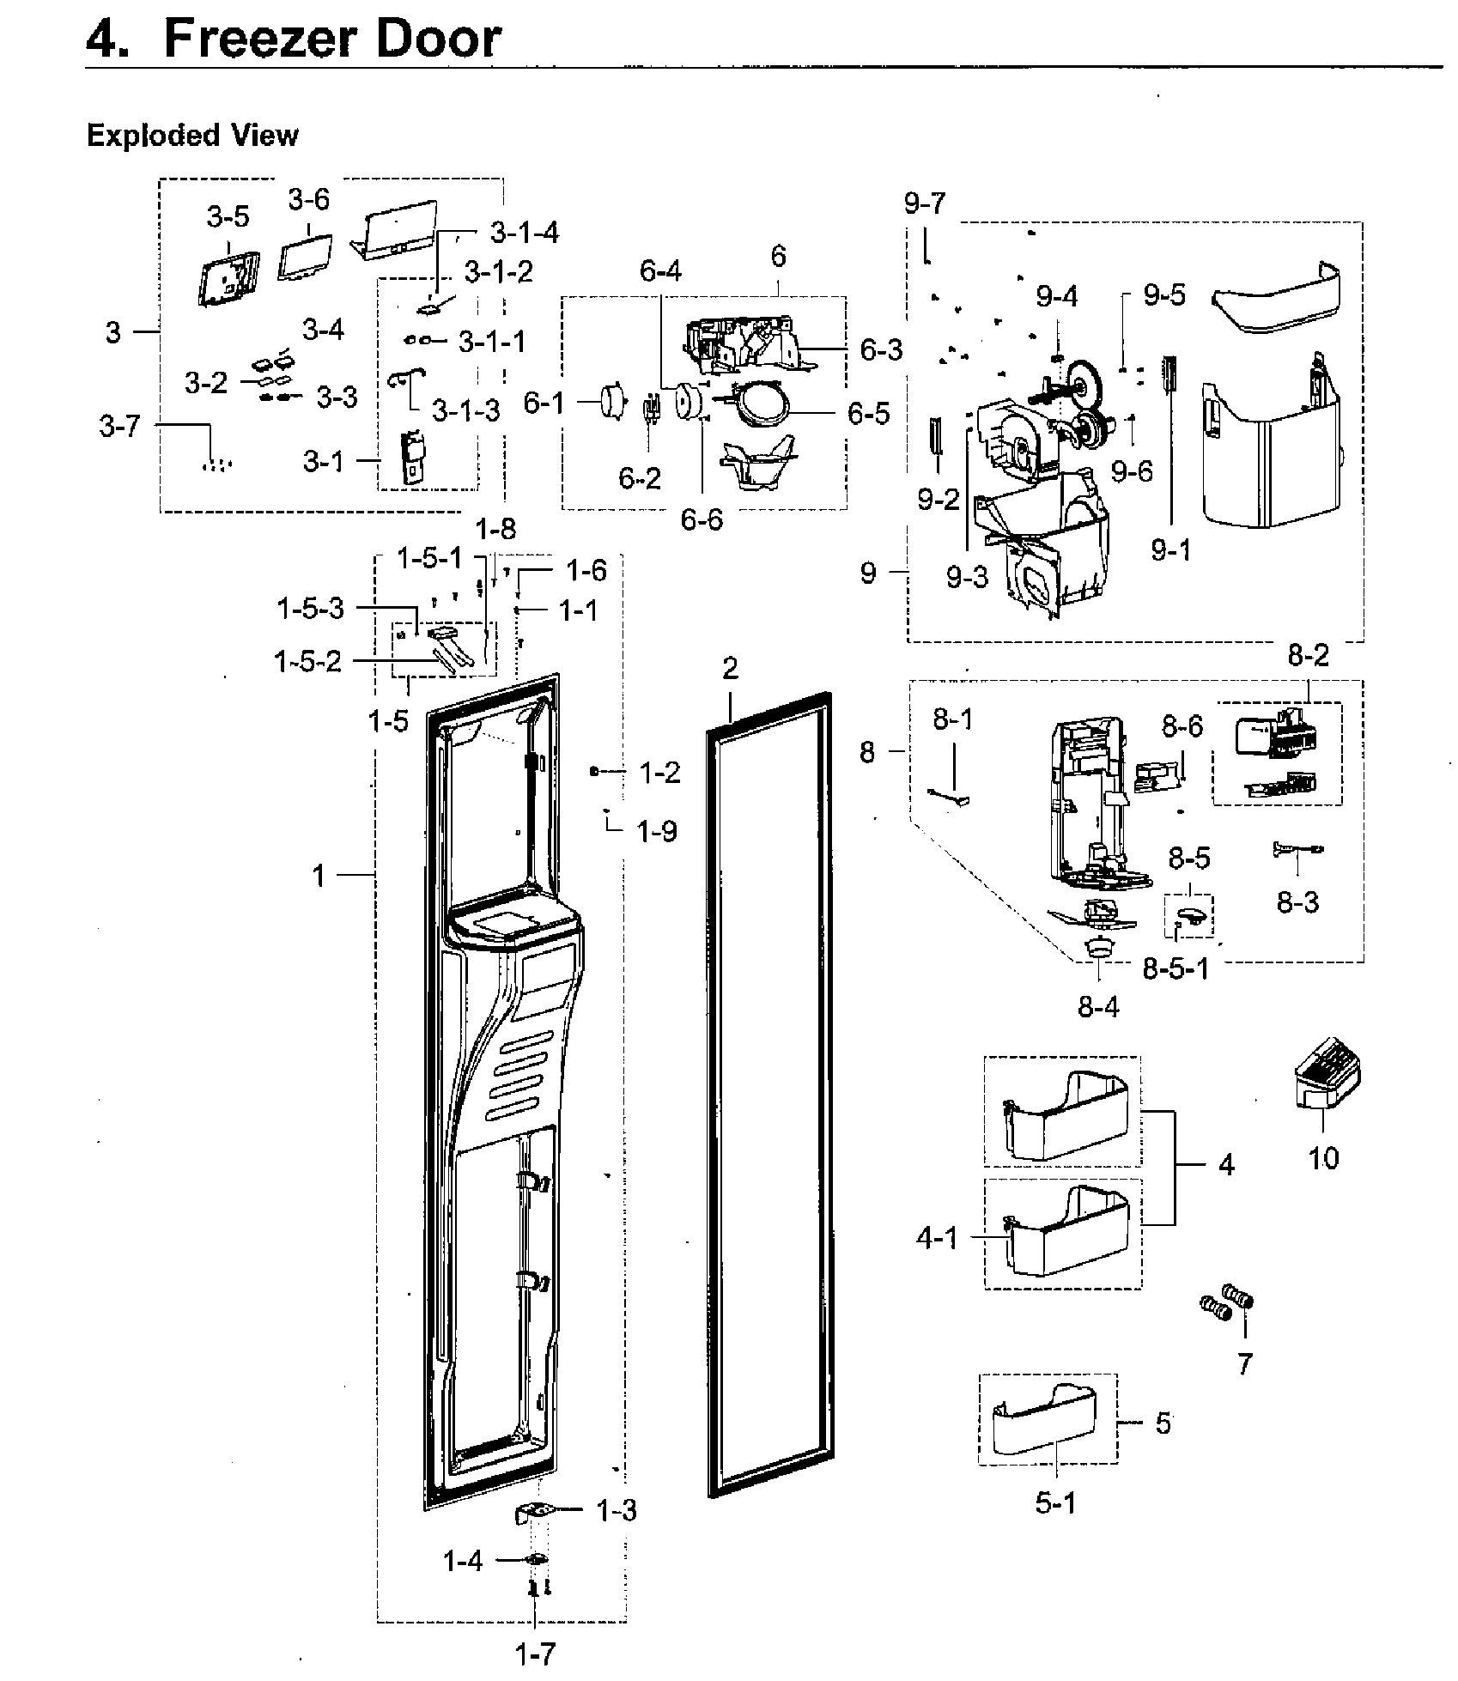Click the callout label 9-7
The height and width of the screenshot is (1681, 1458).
(924, 203)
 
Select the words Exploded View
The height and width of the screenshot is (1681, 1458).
(192, 136)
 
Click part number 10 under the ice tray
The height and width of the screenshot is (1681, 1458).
(1322, 1158)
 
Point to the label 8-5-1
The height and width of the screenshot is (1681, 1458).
(1176, 968)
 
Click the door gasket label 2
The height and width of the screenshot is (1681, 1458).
(730, 668)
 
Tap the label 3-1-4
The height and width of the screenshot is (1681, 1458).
(524, 233)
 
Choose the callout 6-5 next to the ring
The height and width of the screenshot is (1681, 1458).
(869, 413)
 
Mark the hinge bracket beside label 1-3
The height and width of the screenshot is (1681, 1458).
(534, 1512)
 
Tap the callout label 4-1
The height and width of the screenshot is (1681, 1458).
(937, 1239)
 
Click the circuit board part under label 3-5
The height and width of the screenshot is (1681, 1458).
(227, 278)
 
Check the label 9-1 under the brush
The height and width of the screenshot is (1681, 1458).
(1171, 549)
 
